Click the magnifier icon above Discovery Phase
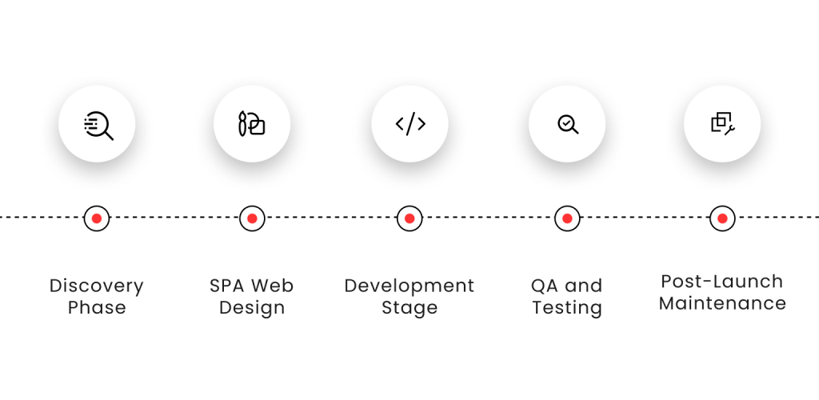tap(98, 125)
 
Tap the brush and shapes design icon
tap(252, 124)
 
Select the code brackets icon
tap(409, 124)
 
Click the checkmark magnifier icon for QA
tap(567, 124)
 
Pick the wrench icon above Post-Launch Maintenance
tap(722, 122)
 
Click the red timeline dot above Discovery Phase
tap(97, 218)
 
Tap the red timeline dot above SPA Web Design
tap(252, 218)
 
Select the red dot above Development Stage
tap(409, 218)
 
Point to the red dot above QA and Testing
tap(567, 218)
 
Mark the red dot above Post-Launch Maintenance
tap(722, 218)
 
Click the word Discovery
tap(97, 286)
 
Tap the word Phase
tap(97, 308)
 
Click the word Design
tap(252, 308)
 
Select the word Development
tap(409, 286)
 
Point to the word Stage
tap(409, 308)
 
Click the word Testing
tap(567, 308)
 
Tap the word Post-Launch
tap(722, 282)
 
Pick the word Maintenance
tap(722, 304)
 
